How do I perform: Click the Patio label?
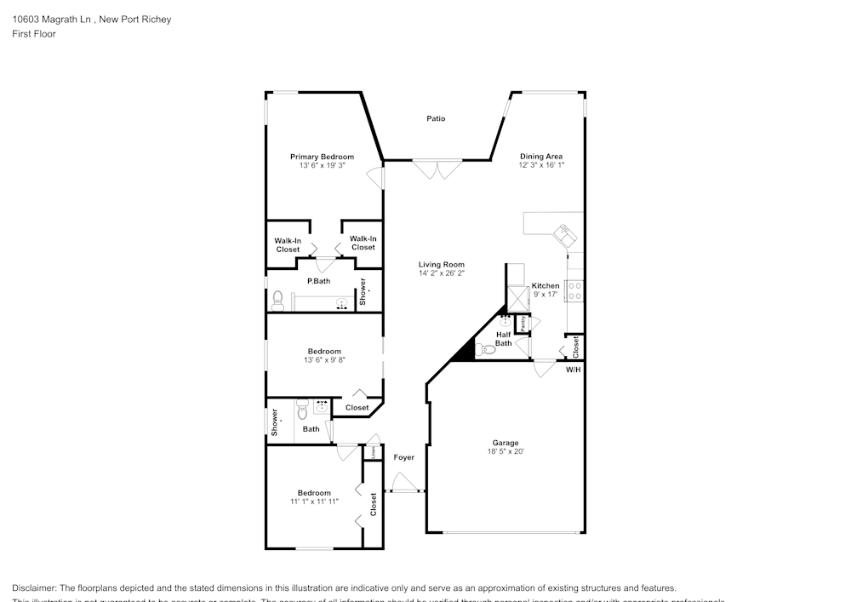tap(436, 119)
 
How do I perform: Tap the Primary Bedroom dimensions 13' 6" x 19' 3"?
tap(322, 166)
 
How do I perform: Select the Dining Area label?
tap(542, 157)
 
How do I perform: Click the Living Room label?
tap(441, 265)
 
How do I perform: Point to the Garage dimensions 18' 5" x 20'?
tap(505, 452)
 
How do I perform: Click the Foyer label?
tap(404, 458)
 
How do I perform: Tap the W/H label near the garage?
tap(574, 370)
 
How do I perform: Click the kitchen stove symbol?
tap(574, 290)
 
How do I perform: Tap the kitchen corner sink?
tap(564, 232)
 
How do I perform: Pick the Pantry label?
tap(523, 324)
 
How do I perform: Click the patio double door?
tap(437, 169)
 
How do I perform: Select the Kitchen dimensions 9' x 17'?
tap(545, 295)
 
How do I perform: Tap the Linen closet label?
tap(373, 452)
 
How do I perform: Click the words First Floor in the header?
tap(34, 34)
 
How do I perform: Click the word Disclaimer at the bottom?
tap(34, 588)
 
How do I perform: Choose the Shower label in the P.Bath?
tap(363, 291)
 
